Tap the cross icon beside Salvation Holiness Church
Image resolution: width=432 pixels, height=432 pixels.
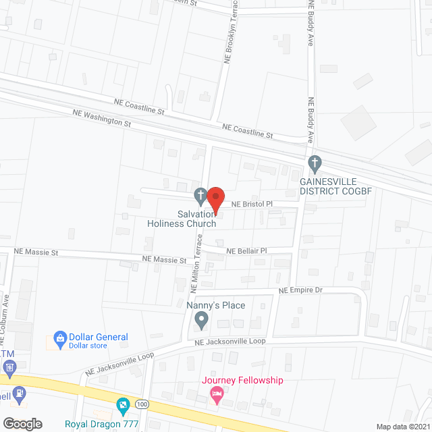[x=200, y=196]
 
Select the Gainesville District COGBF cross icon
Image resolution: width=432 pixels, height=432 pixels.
[x=314, y=163]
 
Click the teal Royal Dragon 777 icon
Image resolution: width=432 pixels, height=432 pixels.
[x=123, y=406]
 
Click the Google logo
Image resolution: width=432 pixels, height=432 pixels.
[x=22, y=423]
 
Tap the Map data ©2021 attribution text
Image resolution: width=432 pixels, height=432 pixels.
[x=402, y=426]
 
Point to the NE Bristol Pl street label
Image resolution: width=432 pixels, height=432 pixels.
[x=252, y=203]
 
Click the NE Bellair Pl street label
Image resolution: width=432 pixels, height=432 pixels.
[x=247, y=250]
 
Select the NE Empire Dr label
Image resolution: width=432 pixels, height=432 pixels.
[x=301, y=290]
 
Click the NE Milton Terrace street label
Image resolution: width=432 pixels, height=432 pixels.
[x=196, y=263]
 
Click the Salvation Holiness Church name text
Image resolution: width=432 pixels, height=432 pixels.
[x=182, y=219]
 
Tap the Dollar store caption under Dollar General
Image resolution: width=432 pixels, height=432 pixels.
[x=88, y=346]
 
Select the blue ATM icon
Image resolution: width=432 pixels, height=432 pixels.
[x=9, y=369]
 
